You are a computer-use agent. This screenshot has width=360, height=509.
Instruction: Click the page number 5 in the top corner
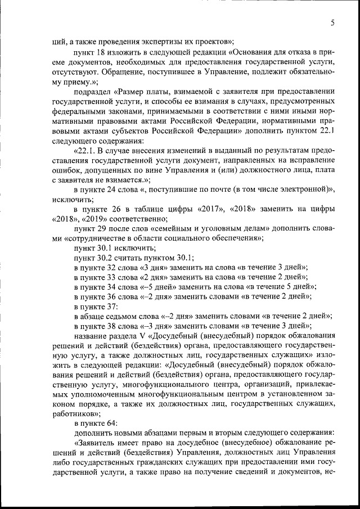coord(332,23)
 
